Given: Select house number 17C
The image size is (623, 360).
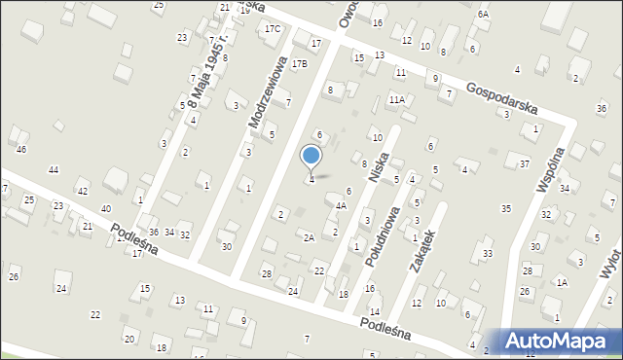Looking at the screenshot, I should [x=273, y=28].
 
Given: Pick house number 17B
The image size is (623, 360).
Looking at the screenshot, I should [x=300, y=63].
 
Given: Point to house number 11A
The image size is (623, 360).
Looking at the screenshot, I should [x=396, y=99].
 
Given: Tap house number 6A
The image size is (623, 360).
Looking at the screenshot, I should [x=483, y=14].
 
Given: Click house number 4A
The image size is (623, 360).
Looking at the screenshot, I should [x=341, y=205].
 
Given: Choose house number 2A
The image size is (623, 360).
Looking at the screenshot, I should [x=308, y=237].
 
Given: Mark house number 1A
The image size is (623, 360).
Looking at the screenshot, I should [x=562, y=282].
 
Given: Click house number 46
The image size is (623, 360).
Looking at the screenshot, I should [x=21, y=149].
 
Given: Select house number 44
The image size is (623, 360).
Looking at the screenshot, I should [x=54, y=170].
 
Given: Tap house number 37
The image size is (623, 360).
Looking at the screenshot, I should [x=524, y=163].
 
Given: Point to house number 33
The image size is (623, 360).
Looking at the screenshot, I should [x=488, y=253].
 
